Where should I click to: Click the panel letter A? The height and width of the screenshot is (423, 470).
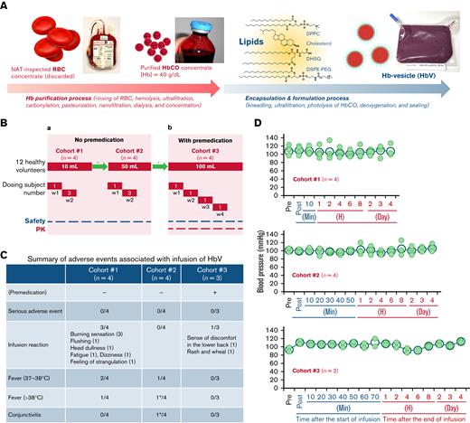pos(5,6)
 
